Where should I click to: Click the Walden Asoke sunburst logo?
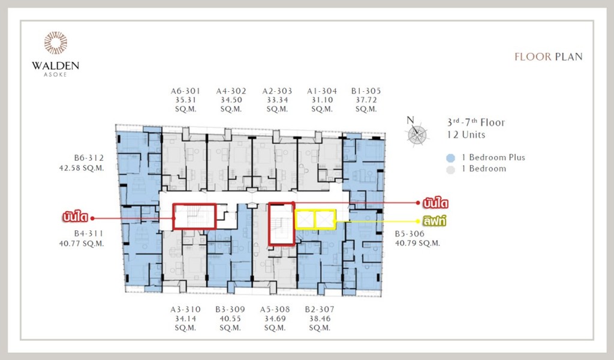[x=56, y=43]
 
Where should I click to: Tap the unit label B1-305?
[x=366, y=91]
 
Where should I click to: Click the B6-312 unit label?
[x=89, y=158]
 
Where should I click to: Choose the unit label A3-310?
[x=185, y=310]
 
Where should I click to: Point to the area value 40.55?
[x=231, y=319]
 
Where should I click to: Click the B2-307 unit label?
[x=320, y=310]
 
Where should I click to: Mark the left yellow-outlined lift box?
[x=305, y=220]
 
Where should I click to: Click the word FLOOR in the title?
[x=532, y=57]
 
